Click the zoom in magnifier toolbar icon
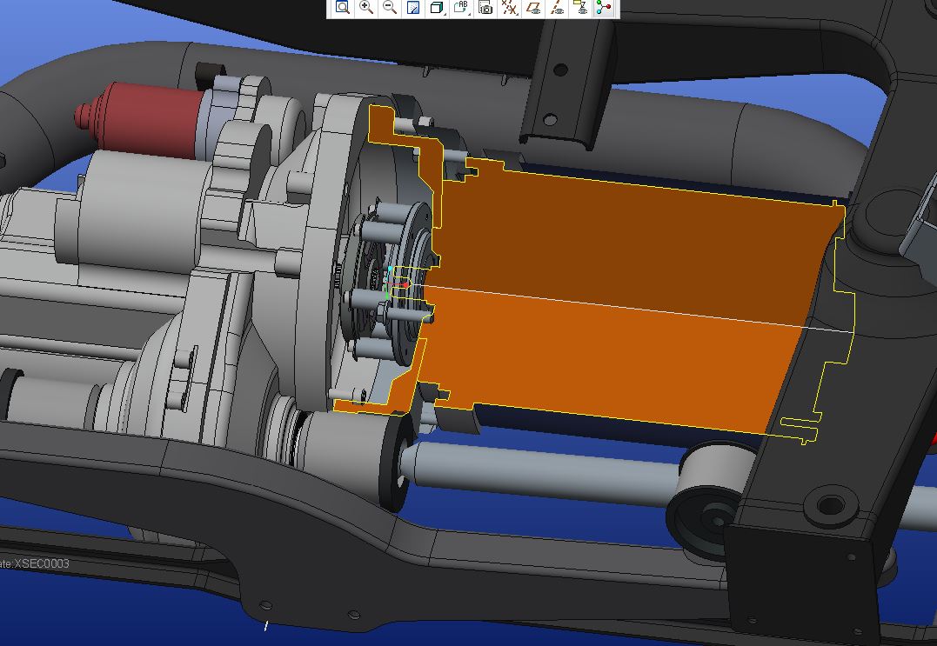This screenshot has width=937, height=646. [x=366, y=8]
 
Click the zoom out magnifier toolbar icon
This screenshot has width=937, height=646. [x=390, y=8]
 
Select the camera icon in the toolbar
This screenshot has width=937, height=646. [x=485, y=8]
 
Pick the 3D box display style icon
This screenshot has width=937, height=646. [x=438, y=8]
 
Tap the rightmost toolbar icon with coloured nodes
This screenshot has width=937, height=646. [x=604, y=8]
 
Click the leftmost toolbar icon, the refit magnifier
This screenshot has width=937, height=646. [x=343, y=8]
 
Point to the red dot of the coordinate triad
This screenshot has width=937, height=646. [x=406, y=284]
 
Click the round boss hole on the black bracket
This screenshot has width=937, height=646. [x=831, y=505]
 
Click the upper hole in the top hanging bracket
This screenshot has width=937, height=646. [x=561, y=70]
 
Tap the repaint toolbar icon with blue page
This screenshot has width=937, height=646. [x=413, y=8]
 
